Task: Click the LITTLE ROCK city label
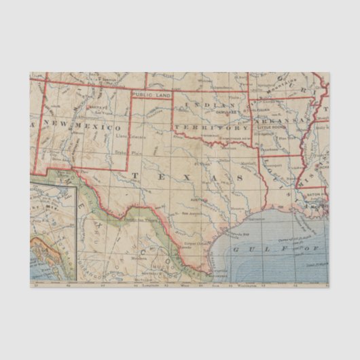[271, 127]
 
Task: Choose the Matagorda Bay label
[222, 234]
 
